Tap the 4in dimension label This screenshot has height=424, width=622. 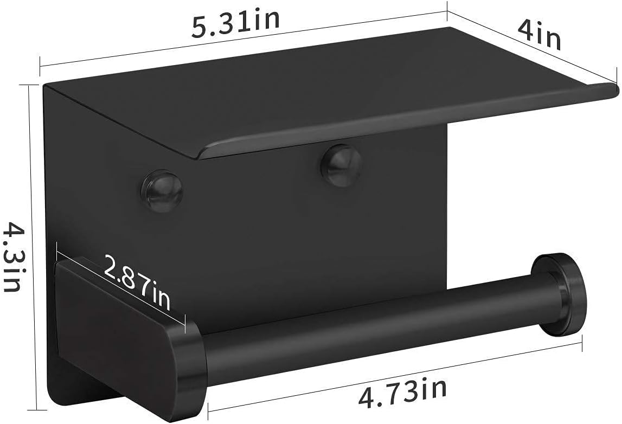click(538, 35)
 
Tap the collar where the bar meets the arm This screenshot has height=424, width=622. click(191, 362)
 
